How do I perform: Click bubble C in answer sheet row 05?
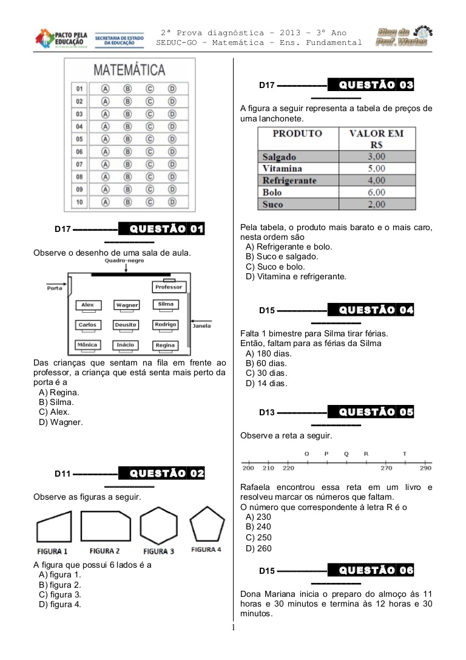[x=149, y=138]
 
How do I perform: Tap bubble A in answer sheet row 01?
[x=106, y=88]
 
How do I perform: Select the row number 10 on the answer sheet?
[x=79, y=202]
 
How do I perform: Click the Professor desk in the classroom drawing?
[x=169, y=287]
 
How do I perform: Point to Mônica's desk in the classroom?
[x=87, y=345]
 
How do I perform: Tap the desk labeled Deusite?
[x=126, y=325]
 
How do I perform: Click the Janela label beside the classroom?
[x=201, y=326]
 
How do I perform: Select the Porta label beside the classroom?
[x=55, y=288]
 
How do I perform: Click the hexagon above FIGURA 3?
[x=158, y=526]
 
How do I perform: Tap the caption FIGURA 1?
[x=53, y=551]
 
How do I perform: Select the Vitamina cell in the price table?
[x=283, y=168]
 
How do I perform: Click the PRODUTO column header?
[x=297, y=134]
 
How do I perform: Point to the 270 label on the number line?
[x=386, y=468]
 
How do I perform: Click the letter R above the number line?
[x=366, y=454]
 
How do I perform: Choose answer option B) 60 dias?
[x=266, y=364]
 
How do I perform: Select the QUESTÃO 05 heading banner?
[x=371, y=412]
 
